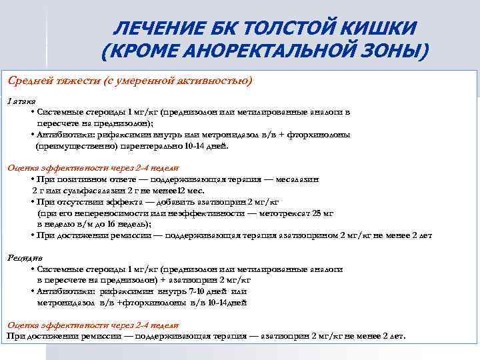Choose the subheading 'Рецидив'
coord(25,257)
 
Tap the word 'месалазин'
coord(296,179)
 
